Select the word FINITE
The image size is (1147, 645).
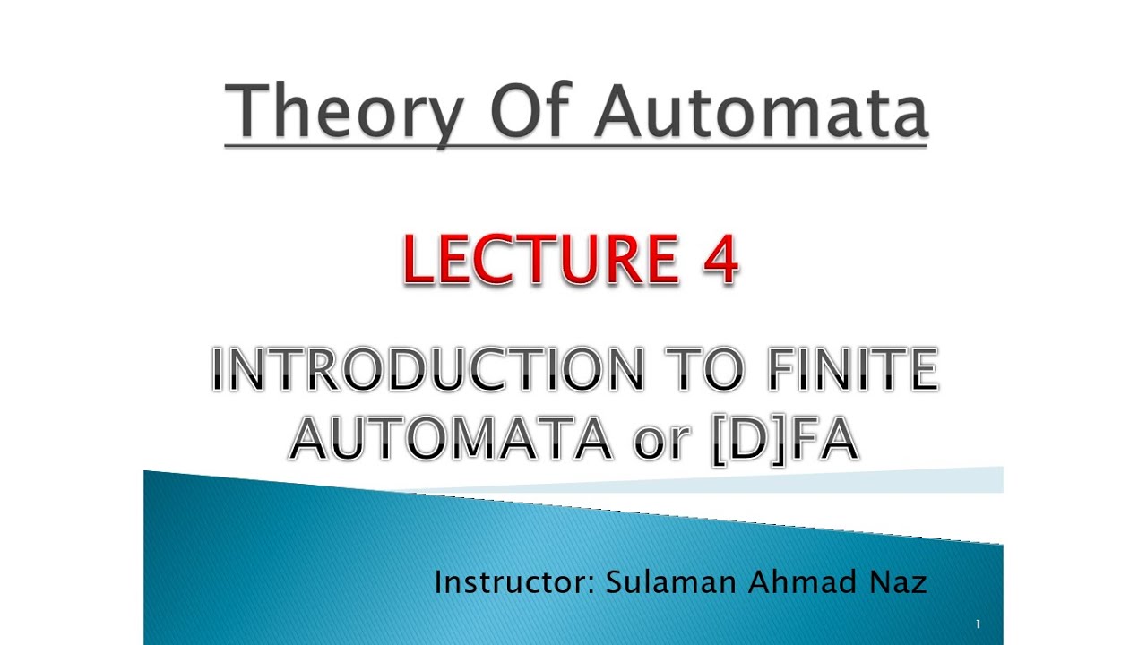point(852,371)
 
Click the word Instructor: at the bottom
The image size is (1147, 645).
point(514,582)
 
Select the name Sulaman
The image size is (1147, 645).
point(669,582)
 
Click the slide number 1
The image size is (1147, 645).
point(978,623)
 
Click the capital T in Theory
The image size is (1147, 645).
point(247,111)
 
